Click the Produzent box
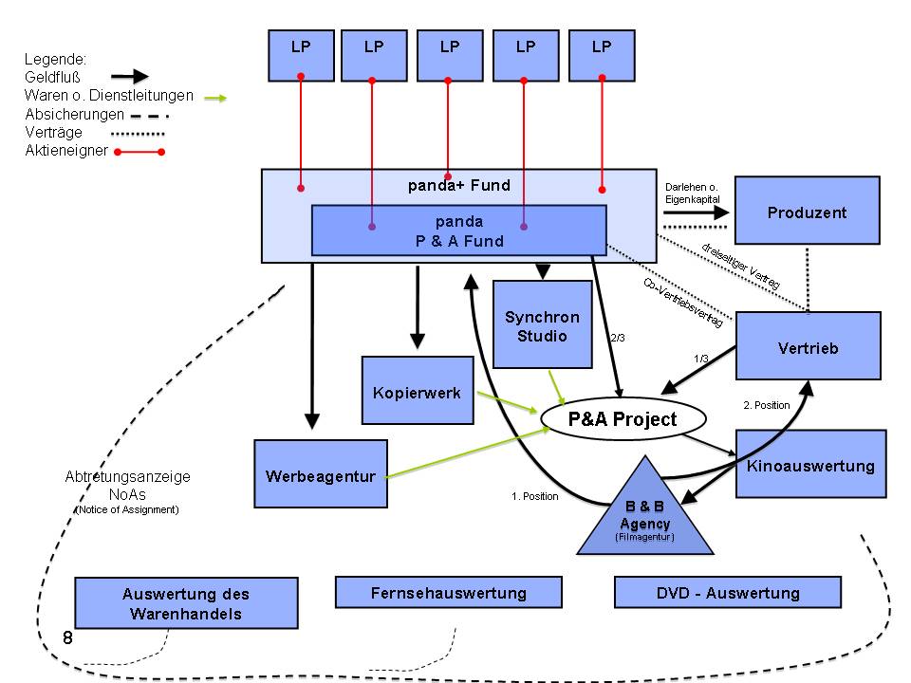(x=807, y=212)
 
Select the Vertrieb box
(x=808, y=347)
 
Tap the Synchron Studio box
(x=542, y=324)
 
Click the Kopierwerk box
(x=417, y=390)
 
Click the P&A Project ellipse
(x=623, y=419)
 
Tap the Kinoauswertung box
(x=810, y=464)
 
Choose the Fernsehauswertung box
(x=448, y=593)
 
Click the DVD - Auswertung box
(x=728, y=593)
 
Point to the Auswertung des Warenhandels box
(x=186, y=603)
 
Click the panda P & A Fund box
(x=458, y=231)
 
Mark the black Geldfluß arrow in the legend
(x=129, y=76)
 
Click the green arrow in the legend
(x=215, y=96)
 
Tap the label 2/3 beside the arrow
(x=617, y=337)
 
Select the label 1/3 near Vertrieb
(x=700, y=358)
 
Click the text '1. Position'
(x=535, y=495)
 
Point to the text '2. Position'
(x=766, y=405)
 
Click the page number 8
(x=67, y=637)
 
